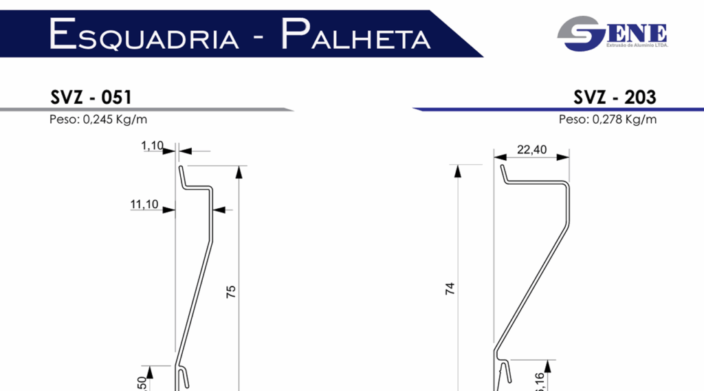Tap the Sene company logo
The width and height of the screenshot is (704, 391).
click(613, 33)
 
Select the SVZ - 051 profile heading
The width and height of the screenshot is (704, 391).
click(91, 97)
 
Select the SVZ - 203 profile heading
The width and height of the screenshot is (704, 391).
click(615, 97)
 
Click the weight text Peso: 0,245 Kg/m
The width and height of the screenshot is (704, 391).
click(98, 120)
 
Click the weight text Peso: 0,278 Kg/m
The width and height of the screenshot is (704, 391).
click(608, 120)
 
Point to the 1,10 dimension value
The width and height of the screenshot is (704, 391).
click(153, 145)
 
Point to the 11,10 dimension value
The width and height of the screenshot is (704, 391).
click(144, 204)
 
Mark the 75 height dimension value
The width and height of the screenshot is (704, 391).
click(231, 291)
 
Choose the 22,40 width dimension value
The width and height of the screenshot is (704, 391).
click(531, 150)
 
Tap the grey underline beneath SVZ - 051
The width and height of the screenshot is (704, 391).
click(144, 109)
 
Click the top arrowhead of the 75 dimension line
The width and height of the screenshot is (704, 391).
click(239, 170)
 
